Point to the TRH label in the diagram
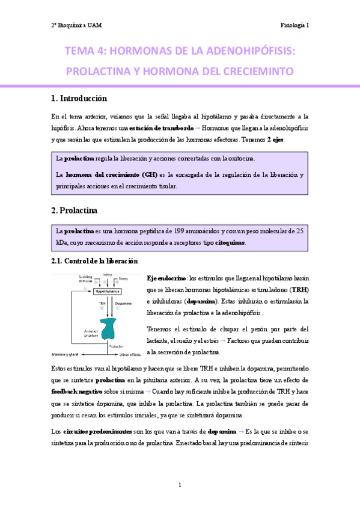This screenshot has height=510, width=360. tap(102, 304)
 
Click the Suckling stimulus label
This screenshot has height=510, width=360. tap(84, 279)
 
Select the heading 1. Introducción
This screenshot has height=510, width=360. tap(79, 98)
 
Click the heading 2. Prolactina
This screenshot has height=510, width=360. tap(74, 211)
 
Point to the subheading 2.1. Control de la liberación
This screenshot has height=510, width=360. tap(94, 261)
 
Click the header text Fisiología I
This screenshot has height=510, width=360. tap(294, 25)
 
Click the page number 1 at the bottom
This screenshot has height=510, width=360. tap(180, 485)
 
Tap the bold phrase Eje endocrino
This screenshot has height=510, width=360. tap(166, 278)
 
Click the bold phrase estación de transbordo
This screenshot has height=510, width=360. tap(160, 128)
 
